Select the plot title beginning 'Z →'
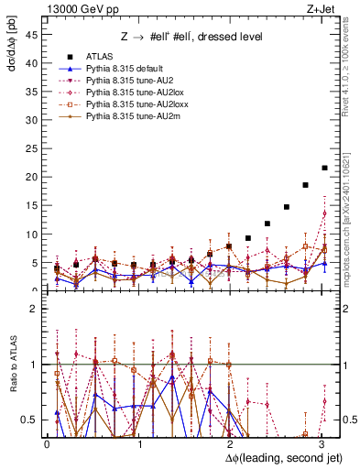[191, 37]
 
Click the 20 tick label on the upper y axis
[34, 177]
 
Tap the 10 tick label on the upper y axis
[34, 234]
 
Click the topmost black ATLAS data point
[324, 168]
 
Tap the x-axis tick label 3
[321, 443]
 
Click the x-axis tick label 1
[138, 443]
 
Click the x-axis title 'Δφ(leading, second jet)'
[273, 458]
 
